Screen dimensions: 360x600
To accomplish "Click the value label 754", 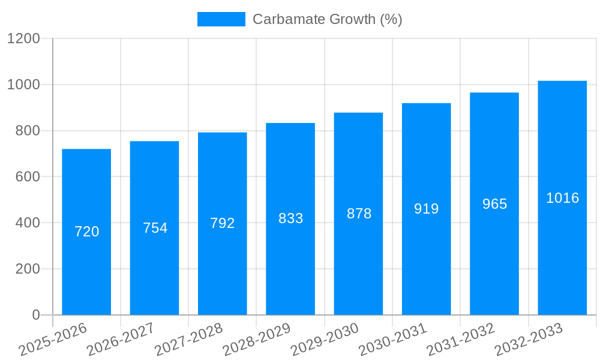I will tap(155, 228).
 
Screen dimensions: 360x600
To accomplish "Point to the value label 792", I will tap(223, 223).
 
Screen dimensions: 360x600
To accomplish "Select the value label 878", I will tap(359, 214).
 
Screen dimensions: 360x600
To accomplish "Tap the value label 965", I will tap(494, 204).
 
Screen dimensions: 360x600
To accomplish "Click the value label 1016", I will tap(562, 198).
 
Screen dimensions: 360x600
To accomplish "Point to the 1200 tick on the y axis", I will tap(23, 39).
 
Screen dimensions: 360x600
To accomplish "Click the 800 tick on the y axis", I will tap(28, 131).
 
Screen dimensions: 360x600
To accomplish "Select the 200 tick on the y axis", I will tap(28, 269).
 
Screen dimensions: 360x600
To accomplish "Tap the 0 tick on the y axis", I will tap(35, 315).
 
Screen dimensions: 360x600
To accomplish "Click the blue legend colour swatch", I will tap(221, 19).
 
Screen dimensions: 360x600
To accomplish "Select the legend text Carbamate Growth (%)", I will tap(327, 19).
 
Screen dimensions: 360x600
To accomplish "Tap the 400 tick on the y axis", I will tap(28, 223).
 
